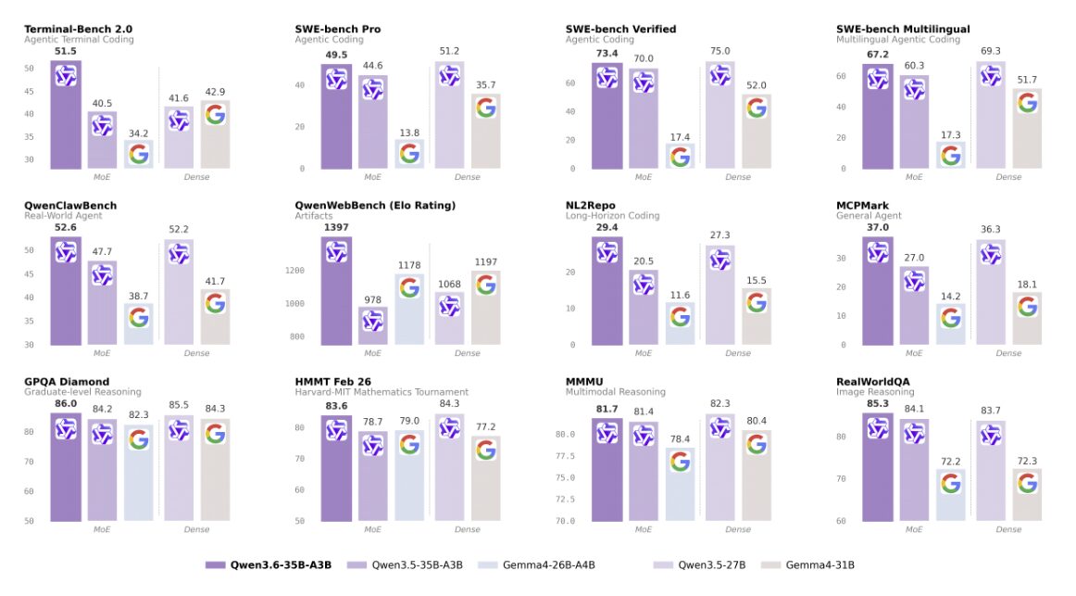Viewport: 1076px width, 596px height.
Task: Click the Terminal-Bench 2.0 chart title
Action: (78, 30)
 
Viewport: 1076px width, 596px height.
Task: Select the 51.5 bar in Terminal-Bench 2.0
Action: (66, 115)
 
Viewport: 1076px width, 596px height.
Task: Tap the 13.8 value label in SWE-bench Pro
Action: (409, 133)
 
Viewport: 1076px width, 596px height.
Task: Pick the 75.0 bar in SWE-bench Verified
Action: (720, 115)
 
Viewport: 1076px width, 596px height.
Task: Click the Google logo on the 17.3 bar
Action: (951, 156)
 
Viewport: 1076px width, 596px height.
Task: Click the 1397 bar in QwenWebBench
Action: (336, 291)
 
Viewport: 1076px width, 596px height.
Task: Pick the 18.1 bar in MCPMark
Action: (1027, 319)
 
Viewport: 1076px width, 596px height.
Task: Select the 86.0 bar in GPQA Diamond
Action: (66, 467)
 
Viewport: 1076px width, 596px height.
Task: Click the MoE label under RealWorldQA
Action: (914, 529)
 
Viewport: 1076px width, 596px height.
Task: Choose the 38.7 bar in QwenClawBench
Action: (139, 324)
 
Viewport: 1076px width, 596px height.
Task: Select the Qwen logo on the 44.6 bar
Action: (372, 90)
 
